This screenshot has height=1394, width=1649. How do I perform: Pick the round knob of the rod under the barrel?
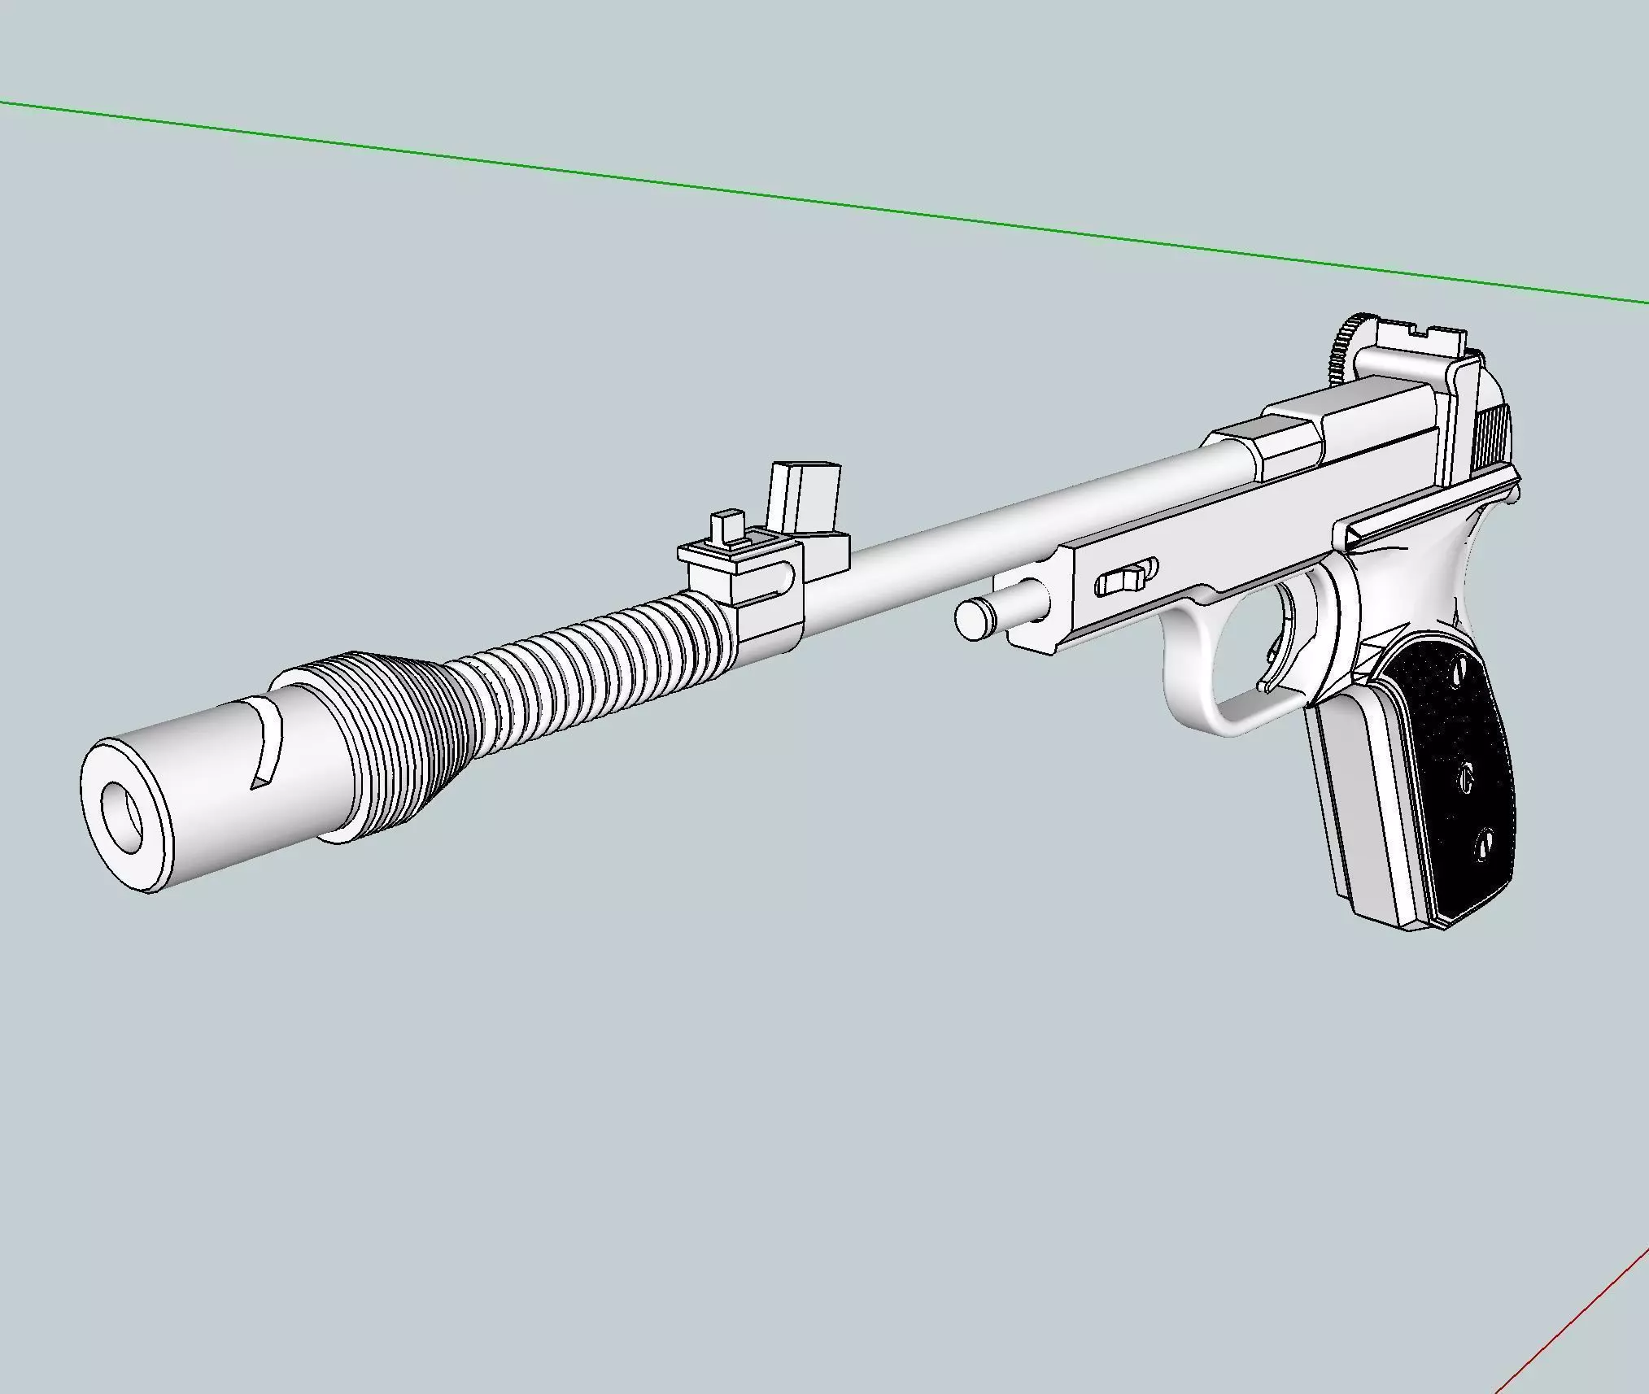(x=972, y=619)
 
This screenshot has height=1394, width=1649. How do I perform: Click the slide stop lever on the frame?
(x=1127, y=579)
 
